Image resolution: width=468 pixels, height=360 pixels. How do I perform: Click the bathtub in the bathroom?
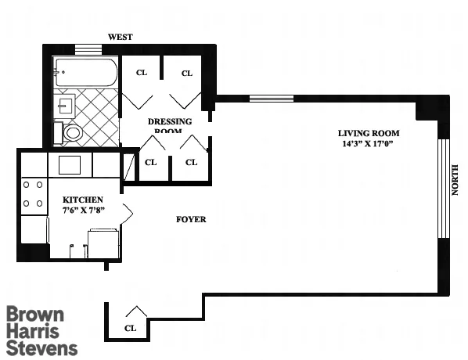85,75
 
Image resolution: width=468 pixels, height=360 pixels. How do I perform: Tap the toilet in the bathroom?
71,132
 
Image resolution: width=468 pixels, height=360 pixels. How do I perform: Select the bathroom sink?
64,103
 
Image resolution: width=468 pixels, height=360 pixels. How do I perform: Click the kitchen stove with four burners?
33,194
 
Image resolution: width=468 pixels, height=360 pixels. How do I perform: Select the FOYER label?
191,220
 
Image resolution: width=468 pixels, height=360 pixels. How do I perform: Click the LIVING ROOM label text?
365,133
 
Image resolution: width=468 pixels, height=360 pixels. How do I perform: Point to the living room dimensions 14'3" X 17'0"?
365,144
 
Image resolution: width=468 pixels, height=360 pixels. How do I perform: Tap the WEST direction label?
121,37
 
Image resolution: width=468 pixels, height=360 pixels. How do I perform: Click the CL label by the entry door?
131,328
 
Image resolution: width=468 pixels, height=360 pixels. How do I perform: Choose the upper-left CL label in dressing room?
142,74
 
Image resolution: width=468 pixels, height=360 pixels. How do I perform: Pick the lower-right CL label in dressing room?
190,163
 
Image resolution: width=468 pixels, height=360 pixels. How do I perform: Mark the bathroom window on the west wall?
88,49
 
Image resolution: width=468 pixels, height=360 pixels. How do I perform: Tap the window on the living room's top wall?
272,99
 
